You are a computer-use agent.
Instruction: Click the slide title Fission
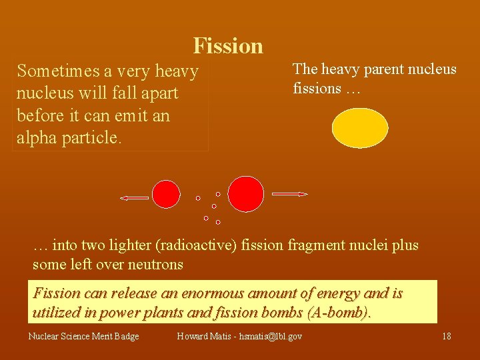228,46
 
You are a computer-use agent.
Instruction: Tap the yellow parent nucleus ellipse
360,128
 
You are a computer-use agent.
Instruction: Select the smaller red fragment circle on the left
166,194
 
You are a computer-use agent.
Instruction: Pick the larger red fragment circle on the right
246,193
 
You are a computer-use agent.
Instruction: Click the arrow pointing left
135,197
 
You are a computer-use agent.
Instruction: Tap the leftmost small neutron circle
198,198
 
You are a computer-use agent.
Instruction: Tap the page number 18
446,336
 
